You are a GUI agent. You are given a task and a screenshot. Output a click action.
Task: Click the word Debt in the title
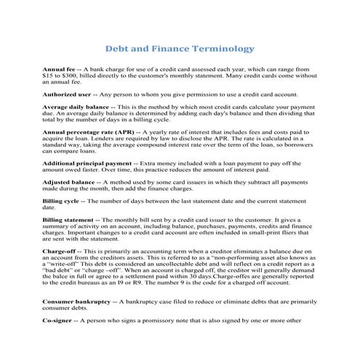pos(119,49)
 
